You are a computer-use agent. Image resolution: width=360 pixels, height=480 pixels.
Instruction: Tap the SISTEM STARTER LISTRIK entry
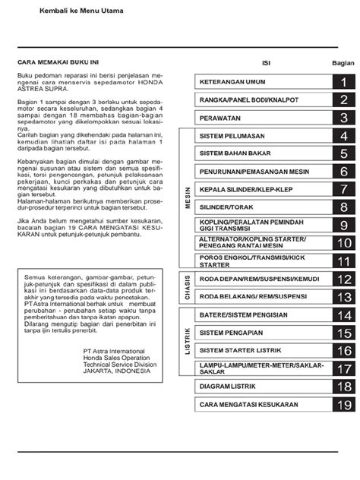pos(242,351)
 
